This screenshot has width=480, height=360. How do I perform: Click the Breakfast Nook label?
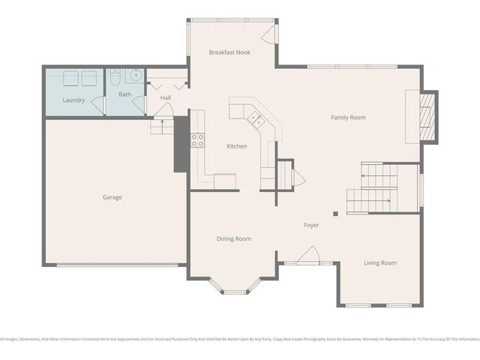pyautogui.click(x=229, y=52)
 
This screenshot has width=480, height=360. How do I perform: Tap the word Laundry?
pyautogui.click(x=73, y=100)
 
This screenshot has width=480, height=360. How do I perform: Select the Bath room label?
pyautogui.click(x=124, y=94)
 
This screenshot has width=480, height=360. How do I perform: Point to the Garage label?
pyautogui.click(x=112, y=197)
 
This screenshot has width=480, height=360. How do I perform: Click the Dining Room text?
pyautogui.click(x=233, y=238)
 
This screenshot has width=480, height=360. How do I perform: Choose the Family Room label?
pyautogui.click(x=348, y=117)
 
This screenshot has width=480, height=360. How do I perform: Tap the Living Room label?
pyautogui.click(x=379, y=262)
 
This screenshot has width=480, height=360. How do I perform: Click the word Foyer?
pyautogui.click(x=311, y=225)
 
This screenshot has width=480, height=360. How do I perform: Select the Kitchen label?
pyautogui.click(x=237, y=146)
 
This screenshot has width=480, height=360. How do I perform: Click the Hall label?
pyautogui.click(x=165, y=97)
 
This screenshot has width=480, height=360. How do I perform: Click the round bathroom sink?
pyautogui.click(x=136, y=75)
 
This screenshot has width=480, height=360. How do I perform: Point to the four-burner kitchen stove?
pyautogui.click(x=197, y=139)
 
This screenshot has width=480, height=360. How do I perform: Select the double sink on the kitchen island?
pyautogui.click(x=254, y=118)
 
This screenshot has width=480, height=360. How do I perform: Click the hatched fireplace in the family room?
pyautogui.click(x=426, y=116)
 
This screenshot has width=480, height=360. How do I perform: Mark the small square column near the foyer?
pyautogui.click(x=336, y=214)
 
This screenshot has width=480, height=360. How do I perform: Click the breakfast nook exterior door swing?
pyautogui.click(x=268, y=33)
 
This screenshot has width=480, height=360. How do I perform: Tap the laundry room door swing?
pyautogui.click(x=96, y=106)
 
